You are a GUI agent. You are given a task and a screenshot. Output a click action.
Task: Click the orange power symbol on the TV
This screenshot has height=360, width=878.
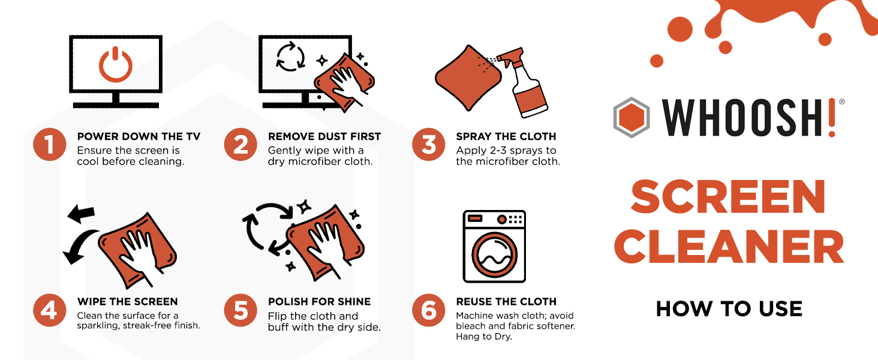115,65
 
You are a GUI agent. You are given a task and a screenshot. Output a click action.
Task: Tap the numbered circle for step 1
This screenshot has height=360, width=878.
49,145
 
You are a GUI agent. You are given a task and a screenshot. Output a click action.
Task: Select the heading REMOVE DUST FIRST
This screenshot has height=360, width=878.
324,137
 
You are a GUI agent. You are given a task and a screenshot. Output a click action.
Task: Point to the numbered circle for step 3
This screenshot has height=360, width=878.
429,145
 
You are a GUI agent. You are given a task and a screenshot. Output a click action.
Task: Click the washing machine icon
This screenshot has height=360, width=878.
494,246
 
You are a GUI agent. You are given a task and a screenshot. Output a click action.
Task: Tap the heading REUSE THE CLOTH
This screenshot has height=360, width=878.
506,302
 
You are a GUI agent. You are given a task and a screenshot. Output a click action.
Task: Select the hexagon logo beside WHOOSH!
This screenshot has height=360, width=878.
632,117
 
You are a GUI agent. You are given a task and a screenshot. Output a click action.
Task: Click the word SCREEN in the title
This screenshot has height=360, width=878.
729,197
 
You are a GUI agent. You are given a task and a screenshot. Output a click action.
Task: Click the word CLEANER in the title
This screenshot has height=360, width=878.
729,248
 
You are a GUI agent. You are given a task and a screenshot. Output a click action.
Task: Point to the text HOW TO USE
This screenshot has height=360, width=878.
729,309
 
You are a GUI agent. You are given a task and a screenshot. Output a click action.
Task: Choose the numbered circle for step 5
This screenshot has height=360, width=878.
240,310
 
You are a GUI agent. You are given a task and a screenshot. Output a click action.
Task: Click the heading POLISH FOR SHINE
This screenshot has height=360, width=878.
319,302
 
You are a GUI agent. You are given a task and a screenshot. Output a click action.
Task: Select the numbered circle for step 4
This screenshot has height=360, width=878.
49,310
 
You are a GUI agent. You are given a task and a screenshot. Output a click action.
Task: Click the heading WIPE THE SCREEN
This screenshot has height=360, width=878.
127,302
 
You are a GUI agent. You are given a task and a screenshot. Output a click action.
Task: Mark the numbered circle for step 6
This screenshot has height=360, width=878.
429,310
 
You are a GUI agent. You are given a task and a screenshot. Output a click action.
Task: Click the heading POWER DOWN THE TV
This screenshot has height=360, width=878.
139,137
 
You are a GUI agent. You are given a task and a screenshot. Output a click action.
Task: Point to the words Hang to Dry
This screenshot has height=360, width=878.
484,337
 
